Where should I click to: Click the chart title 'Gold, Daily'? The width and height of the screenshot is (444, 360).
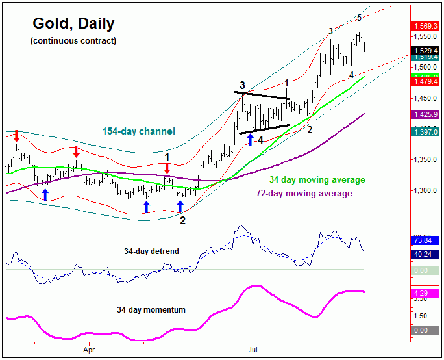(x=73, y=25)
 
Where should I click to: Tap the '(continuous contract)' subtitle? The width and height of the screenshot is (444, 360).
(x=73, y=40)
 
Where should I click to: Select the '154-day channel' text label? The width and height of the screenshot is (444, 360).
(x=138, y=131)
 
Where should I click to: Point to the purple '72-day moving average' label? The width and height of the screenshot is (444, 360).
(x=304, y=193)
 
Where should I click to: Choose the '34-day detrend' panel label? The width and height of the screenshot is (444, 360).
(x=152, y=250)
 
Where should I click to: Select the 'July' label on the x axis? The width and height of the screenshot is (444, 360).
(x=253, y=348)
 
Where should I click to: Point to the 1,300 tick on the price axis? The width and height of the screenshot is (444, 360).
(x=426, y=191)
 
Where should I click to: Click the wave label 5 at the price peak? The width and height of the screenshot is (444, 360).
(x=360, y=18)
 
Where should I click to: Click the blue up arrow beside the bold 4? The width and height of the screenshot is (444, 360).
(x=251, y=138)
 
